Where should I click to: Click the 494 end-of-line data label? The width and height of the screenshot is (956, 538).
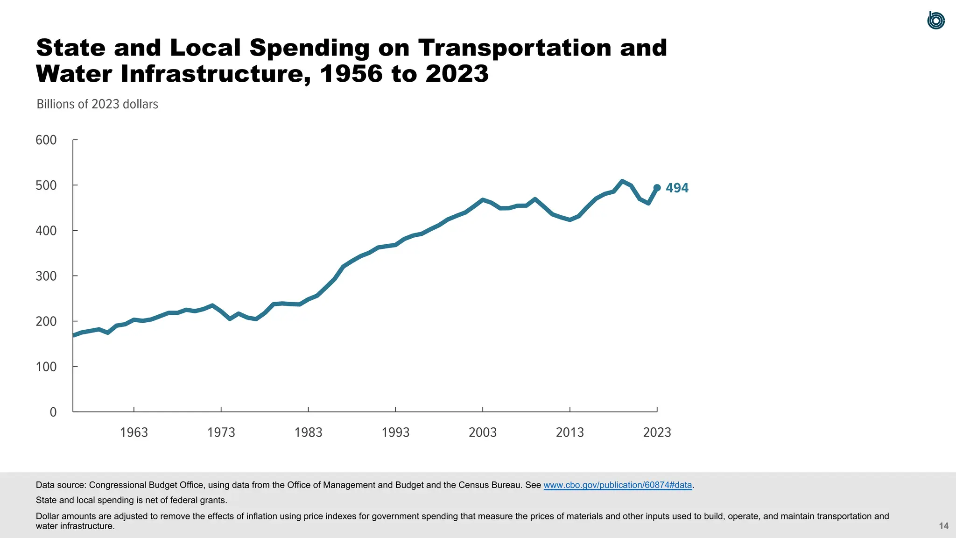click(677, 188)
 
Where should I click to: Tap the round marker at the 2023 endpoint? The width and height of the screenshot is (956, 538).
click(657, 188)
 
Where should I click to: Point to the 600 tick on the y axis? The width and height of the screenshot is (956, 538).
click(46, 140)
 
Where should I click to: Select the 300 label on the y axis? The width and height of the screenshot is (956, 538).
click(46, 276)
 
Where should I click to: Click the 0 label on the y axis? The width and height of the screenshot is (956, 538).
click(53, 412)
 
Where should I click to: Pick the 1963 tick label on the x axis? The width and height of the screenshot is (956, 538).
click(134, 432)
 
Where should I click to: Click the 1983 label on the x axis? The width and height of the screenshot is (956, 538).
click(308, 432)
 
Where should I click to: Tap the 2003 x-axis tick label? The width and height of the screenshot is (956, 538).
click(483, 432)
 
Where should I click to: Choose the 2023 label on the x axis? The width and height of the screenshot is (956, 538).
click(657, 432)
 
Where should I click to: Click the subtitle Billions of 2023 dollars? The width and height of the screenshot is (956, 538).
click(97, 104)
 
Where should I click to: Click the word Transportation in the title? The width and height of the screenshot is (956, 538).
click(514, 48)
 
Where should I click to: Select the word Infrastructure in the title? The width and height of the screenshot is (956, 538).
click(215, 74)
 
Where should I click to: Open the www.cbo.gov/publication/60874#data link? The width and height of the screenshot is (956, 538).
click(618, 485)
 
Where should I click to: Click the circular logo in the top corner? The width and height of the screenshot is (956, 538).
click(935, 21)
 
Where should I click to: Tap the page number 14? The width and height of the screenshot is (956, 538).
click(943, 526)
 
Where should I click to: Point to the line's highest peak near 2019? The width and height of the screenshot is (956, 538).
click(622, 181)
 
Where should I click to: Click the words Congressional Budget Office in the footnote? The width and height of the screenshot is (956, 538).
click(146, 485)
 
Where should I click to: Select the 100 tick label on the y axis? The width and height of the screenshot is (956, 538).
click(46, 367)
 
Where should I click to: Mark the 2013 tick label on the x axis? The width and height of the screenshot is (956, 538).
click(569, 432)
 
